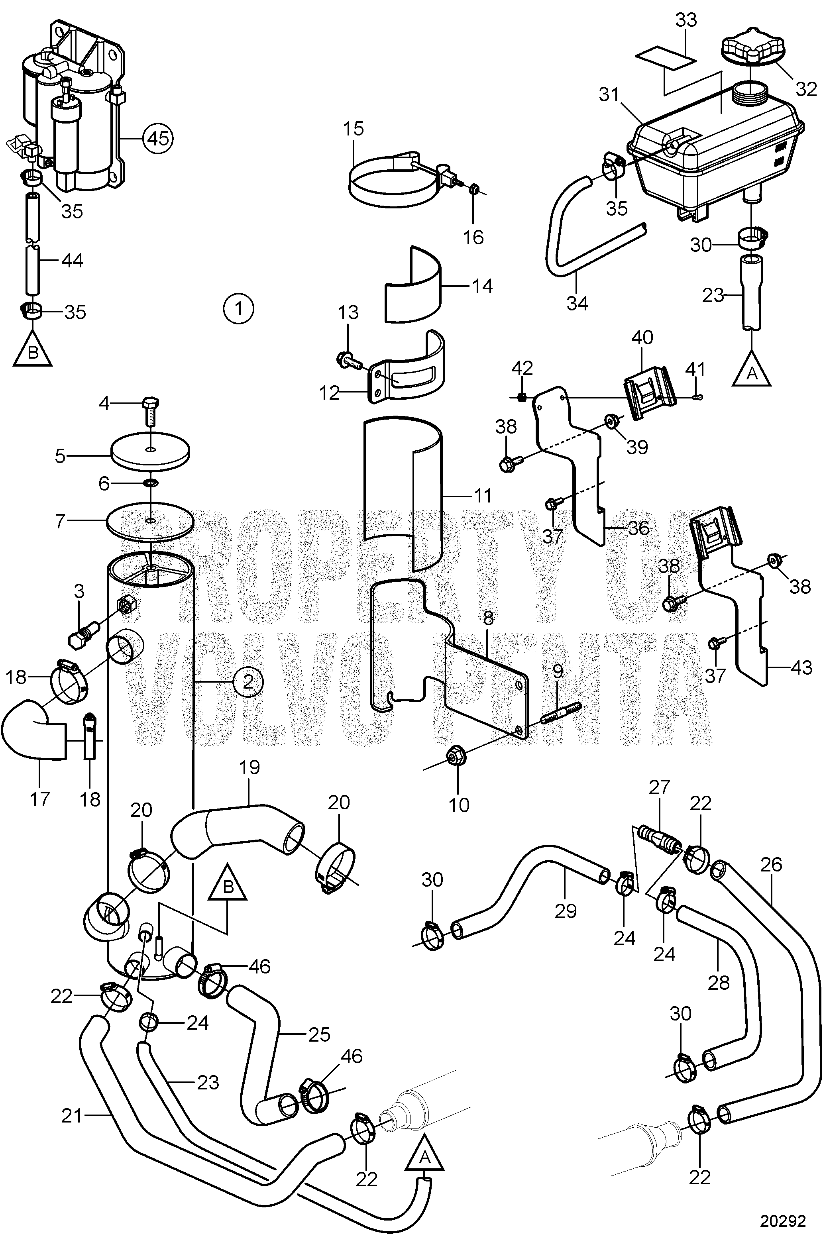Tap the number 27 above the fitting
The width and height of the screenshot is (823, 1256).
[659, 787]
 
